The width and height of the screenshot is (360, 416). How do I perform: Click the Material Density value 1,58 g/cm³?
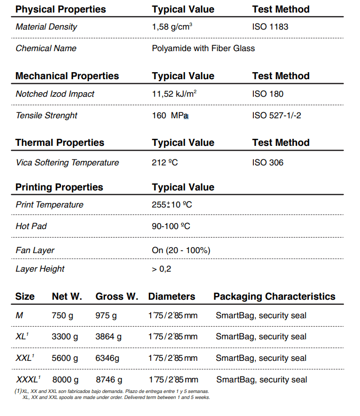(x=172, y=27)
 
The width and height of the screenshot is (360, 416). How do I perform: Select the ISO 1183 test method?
(x=270, y=27)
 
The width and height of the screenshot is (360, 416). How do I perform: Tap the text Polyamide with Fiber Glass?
(x=203, y=49)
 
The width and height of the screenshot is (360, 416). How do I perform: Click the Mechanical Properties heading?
(x=67, y=76)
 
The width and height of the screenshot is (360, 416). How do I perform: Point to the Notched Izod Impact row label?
(x=55, y=94)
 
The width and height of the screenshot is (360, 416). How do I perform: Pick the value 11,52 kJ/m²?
(x=174, y=94)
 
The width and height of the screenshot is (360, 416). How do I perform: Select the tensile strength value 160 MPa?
(x=170, y=116)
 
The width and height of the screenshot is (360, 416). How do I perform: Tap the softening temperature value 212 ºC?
(x=165, y=163)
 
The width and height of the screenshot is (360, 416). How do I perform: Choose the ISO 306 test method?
(x=267, y=163)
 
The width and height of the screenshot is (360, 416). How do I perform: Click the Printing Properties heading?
(x=59, y=187)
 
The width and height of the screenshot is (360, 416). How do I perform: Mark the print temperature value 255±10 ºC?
(x=172, y=205)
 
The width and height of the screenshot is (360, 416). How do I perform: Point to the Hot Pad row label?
(x=31, y=227)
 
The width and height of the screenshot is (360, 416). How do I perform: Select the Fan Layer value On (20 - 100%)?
(x=181, y=250)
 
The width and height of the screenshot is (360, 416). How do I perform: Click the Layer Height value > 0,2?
(x=161, y=269)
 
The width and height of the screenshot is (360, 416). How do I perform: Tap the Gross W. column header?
(x=117, y=297)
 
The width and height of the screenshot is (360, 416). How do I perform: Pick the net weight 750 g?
(x=63, y=316)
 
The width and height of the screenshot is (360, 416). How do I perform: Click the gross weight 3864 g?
(x=108, y=337)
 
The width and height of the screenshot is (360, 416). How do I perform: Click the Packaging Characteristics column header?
(x=274, y=297)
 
